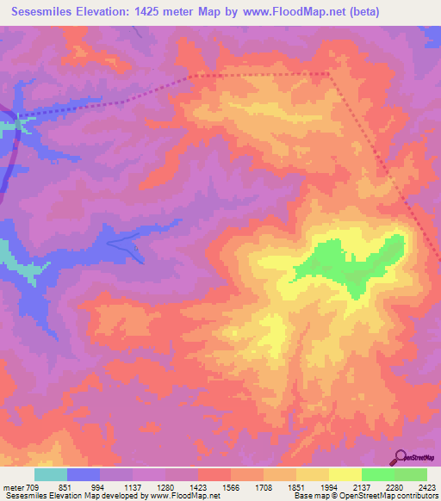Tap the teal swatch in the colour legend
tap(51, 474)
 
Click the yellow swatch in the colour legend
tap(345, 474)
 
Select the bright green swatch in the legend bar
tap(377, 474)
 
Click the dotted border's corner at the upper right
tap(329, 74)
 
